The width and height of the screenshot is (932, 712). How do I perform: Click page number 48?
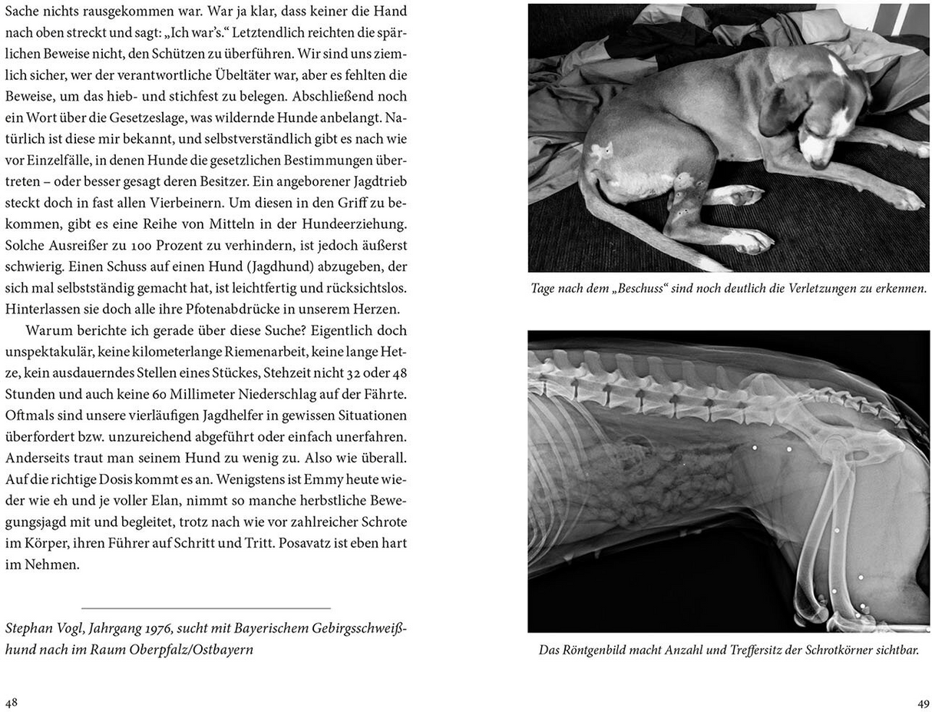coord(12,703)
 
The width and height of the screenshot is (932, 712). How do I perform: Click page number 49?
coord(923,703)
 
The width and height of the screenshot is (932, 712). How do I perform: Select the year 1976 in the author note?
coord(178,629)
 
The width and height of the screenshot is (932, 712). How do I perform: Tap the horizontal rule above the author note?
coord(206,608)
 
